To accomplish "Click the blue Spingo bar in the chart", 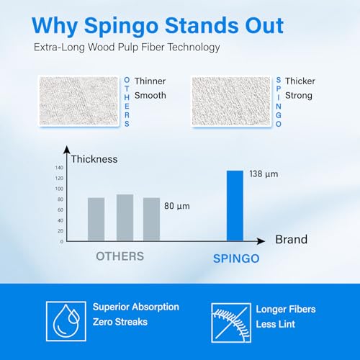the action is [235, 206].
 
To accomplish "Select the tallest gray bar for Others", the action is [125, 217].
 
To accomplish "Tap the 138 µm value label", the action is [264, 174].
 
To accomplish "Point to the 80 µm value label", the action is [177, 206].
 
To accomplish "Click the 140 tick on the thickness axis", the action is [59, 168].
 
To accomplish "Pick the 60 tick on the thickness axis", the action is [60, 210].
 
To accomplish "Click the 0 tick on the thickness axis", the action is [62, 241].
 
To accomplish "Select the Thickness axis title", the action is [94, 159].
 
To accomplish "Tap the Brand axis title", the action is [292, 239].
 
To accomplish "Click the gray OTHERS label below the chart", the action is [120, 256].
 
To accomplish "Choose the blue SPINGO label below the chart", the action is [236, 258].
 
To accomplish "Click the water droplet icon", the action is [66, 321].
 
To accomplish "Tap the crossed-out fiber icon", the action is [231, 323].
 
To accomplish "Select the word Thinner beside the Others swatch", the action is [150, 81].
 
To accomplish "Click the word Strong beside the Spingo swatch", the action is [299, 96].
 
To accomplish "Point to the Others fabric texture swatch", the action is [78, 101].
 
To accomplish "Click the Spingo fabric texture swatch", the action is [231, 101].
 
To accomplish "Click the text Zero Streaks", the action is [120, 322].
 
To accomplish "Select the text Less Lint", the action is [276, 324].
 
